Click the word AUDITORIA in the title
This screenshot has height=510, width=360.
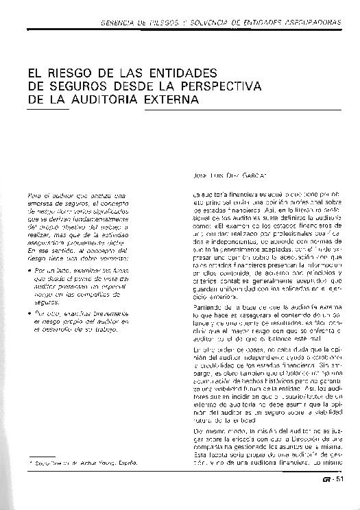coord(109,100)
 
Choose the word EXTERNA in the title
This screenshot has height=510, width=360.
coord(173,100)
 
